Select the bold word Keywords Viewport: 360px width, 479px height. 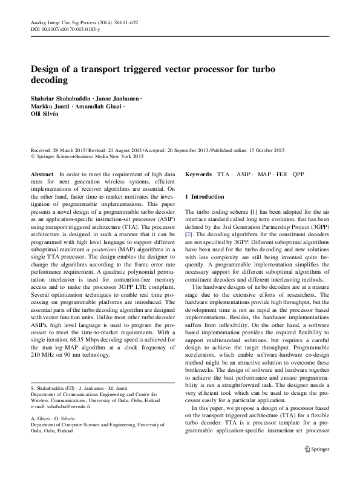[x=198, y=174]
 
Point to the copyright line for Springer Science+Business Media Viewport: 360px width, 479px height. [x=87, y=157]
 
